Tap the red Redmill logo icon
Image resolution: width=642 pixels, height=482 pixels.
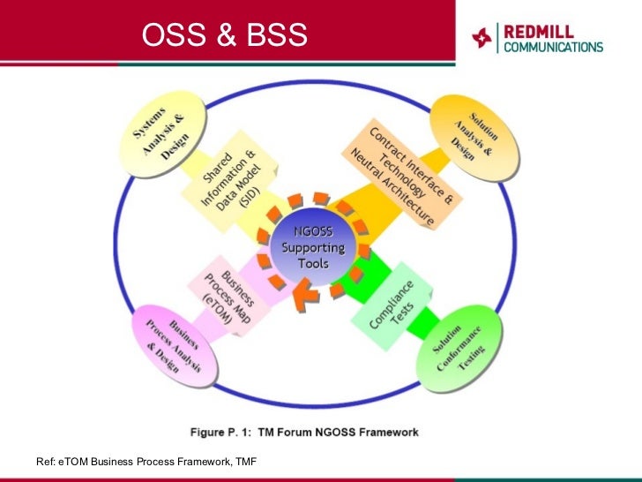pos(481,38)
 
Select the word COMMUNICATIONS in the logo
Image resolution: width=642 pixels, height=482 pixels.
pos(553,48)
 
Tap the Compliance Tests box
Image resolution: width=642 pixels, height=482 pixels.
pos(394,305)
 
